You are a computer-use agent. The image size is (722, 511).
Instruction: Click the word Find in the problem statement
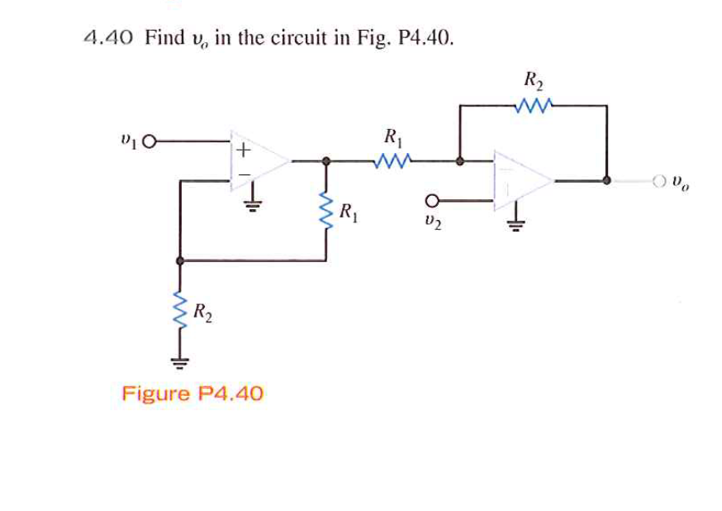(x=165, y=38)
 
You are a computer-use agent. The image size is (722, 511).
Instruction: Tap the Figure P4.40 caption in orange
(x=192, y=393)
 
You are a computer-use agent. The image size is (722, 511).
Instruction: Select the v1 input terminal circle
(x=150, y=142)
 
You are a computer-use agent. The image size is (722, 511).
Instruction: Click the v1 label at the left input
(x=128, y=141)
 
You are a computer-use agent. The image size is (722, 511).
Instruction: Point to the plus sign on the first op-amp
(x=242, y=150)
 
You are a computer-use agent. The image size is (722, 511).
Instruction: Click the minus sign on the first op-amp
(x=242, y=175)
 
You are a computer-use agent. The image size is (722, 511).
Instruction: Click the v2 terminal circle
(x=430, y=199)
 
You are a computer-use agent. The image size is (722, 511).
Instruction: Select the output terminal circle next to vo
(x=659, y=179)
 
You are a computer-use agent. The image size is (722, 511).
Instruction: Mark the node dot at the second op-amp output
(x=607, y=179)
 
